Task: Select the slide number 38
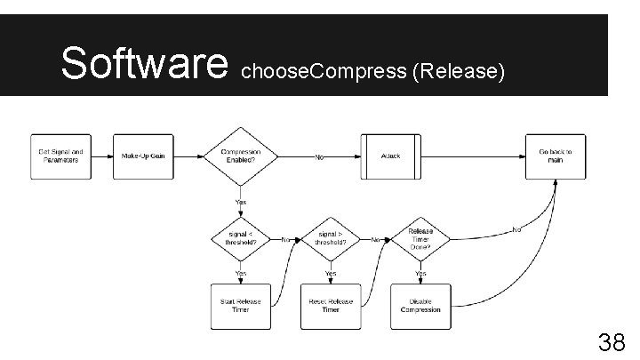click(610, 343)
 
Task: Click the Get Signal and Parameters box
click(60, 156)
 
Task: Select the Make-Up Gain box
click(143, 156)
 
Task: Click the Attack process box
click(391, 156)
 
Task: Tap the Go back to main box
click(556, 156)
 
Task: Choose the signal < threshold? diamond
click(240, 238)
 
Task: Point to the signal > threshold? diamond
click(331, 238)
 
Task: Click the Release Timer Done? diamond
click(420, 238)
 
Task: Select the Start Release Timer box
click(240, 305)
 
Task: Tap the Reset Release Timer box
click(331, 305)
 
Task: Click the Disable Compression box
click(420, 305)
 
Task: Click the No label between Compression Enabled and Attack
click(319, 156)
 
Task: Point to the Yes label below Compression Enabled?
click(240, 202)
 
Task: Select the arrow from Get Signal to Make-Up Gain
click(101, 156)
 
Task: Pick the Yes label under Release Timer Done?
click(420, 273)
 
